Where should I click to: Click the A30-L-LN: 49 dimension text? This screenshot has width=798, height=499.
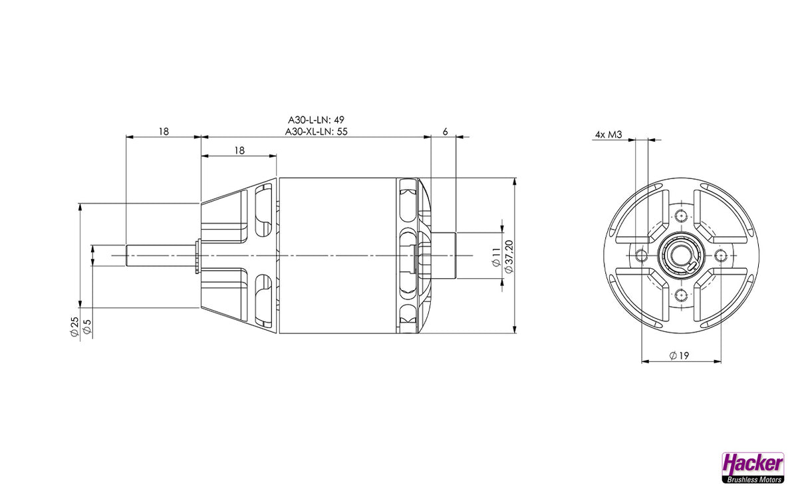(x=316, y=119)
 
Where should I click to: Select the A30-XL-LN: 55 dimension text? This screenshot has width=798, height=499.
(x=316, y=132)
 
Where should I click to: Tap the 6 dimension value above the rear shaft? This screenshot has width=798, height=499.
(x=446, y=132)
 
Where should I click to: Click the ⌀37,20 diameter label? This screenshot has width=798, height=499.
(x=509, y=257)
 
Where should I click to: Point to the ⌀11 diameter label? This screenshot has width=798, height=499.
(x=496, y=257)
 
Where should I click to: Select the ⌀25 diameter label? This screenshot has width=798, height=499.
(x=74, y=327)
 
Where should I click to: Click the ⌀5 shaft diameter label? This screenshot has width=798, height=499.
(x=87, y=327)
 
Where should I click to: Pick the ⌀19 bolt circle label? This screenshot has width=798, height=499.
(x=679, y=355)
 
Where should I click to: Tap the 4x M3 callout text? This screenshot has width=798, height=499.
(x=608, y=134)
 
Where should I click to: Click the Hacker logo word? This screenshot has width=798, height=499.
(x=753, y=465)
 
